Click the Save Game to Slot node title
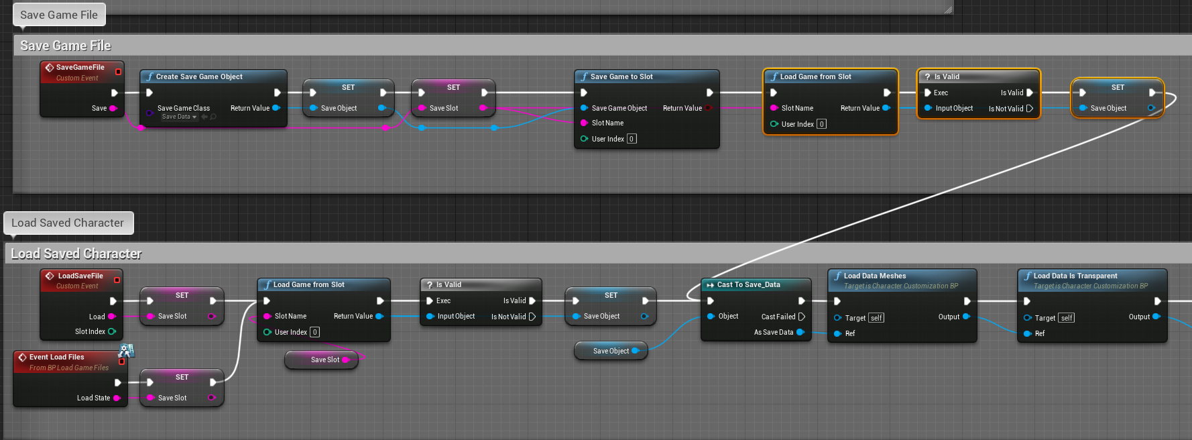click(x=621, y=76)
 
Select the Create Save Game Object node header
click(x=199, y=76)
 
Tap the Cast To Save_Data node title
click(x=748, y=284)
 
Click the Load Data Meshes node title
click(x=874, y=276)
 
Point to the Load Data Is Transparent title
click(x=1075, y=276)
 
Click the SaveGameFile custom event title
click(x=80, y=67)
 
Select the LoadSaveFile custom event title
click(x=80, y=276)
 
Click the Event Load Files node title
click(x=57, y=357)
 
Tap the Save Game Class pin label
click(x=183, y=108)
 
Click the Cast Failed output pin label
click(x=778, y=317)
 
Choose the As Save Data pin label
click(x=773, y=332)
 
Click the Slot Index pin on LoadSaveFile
click(x=112, y=331)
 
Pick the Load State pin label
click(x=93, y=398)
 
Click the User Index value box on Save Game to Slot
click(x=632, y=139)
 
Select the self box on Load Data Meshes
click(x=876, y=318)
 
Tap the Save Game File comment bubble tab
click(x=59, y=15)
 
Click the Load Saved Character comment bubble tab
click(x=68, y=223)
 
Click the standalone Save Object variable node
click(x=611, y=351)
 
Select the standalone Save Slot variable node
click(x=324, y=360)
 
